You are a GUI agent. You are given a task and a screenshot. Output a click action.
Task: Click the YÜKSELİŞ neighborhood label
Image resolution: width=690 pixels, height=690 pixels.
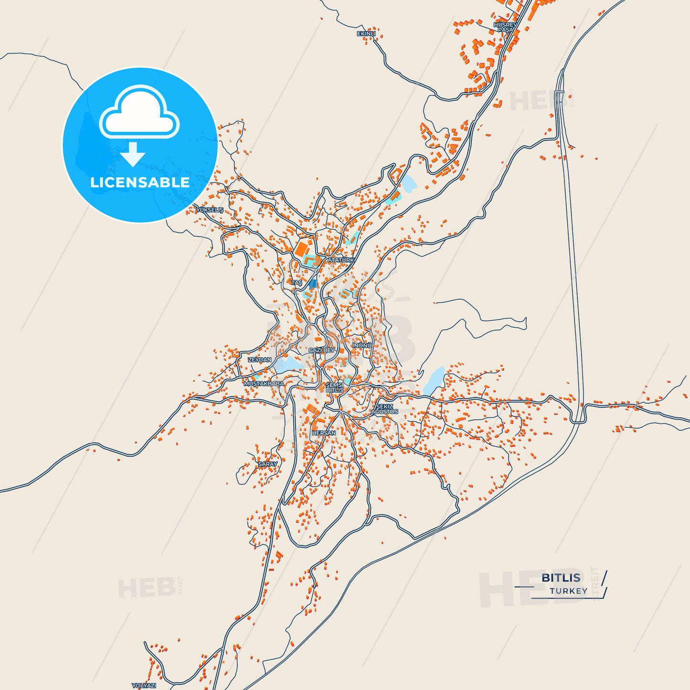click(210, 210)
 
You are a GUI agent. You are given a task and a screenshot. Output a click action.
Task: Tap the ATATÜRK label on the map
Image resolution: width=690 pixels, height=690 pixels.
click(341, 260)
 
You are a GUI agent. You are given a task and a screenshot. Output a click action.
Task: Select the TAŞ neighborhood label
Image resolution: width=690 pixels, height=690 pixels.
click(297, 283)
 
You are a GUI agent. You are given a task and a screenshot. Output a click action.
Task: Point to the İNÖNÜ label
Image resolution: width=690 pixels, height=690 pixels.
click(362, 345)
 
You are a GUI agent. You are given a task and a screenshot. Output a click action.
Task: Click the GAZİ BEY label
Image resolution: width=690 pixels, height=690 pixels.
click(322, 350)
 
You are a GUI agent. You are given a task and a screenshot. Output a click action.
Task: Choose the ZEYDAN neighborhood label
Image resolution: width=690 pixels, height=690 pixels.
click(260, 360)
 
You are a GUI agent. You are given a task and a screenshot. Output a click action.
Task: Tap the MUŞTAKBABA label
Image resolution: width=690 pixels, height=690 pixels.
click(264, 383)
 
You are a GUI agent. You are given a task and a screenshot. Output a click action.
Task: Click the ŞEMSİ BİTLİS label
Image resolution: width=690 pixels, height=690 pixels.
click(334, 387)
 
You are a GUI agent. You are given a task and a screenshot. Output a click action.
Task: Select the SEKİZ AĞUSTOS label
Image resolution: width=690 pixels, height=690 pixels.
click(384, 409)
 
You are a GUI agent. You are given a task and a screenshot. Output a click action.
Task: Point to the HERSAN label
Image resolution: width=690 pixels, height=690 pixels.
click(324, 433)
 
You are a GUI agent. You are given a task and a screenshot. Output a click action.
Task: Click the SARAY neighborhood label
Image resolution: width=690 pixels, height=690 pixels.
click(267, 464)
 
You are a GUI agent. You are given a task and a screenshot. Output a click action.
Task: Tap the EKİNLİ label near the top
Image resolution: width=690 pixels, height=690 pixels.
click(366, 34)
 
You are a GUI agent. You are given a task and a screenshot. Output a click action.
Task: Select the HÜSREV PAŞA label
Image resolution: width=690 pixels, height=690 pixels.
click(505, 27)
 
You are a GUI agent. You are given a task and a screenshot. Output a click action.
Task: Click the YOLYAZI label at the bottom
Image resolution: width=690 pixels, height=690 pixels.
click(144, 686)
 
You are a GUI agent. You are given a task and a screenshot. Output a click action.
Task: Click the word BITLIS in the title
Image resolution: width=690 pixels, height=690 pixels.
click(561, 578)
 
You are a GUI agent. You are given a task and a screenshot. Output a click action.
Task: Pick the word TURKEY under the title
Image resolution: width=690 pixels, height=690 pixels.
click(568, 591)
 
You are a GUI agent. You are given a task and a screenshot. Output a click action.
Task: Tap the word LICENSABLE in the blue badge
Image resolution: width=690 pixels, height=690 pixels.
click(140, 182)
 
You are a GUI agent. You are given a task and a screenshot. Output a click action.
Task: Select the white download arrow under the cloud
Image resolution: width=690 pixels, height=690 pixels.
click(133, 154)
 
